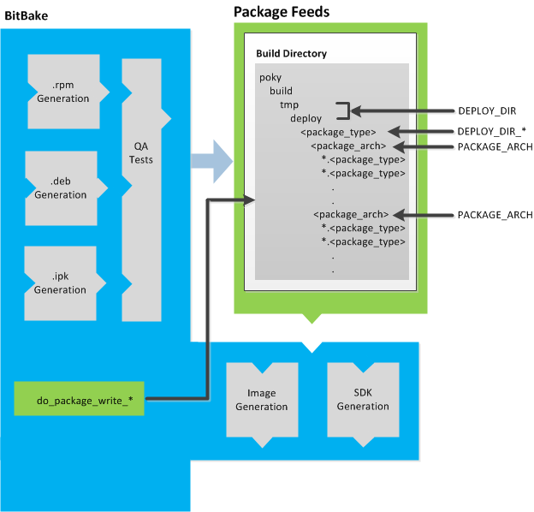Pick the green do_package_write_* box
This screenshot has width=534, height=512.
(79, 400)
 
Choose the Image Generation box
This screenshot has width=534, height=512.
(262, 400)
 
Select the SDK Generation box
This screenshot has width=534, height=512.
(363, 400)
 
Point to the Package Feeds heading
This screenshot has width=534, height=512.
(282, 12)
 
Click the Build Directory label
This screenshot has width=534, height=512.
(292, 53)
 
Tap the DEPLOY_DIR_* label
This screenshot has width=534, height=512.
(489, 131)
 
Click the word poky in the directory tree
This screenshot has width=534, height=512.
(270, 78)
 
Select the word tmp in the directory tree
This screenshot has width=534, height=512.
(289, 104)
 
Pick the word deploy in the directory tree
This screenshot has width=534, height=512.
(306, 118)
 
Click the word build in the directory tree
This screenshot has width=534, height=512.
(282, 91)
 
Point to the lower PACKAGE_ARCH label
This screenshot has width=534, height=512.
(495, 214)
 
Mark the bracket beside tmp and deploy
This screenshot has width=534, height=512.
(344, 111)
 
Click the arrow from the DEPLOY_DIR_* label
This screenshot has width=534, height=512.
(427, 131)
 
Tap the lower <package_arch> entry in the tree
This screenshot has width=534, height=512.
(352, 214)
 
